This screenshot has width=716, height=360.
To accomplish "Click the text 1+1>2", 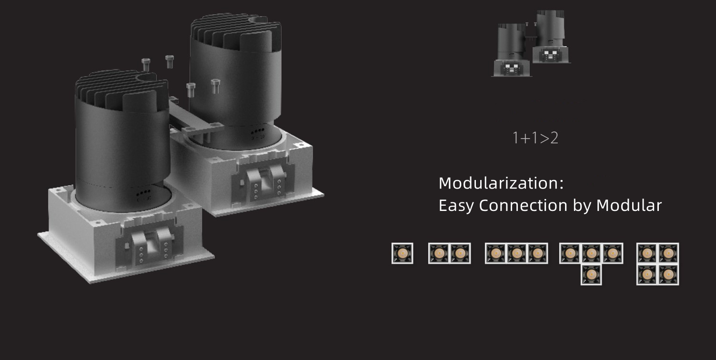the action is click(535, 138).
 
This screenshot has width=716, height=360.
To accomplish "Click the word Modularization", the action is click(499, 183).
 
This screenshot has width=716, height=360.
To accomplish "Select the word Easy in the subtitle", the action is click(456, 206).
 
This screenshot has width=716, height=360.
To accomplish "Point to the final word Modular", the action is click(629, 205).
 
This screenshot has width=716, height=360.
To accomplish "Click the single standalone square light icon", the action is click(403, 253).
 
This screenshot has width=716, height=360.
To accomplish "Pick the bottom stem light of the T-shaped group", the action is click(591, 274).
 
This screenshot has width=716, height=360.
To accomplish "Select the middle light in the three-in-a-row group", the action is click(516, 253).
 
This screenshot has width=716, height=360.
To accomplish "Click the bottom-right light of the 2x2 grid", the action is click(668, 274).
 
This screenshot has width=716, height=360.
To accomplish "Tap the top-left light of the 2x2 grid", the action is click(647, 253).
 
